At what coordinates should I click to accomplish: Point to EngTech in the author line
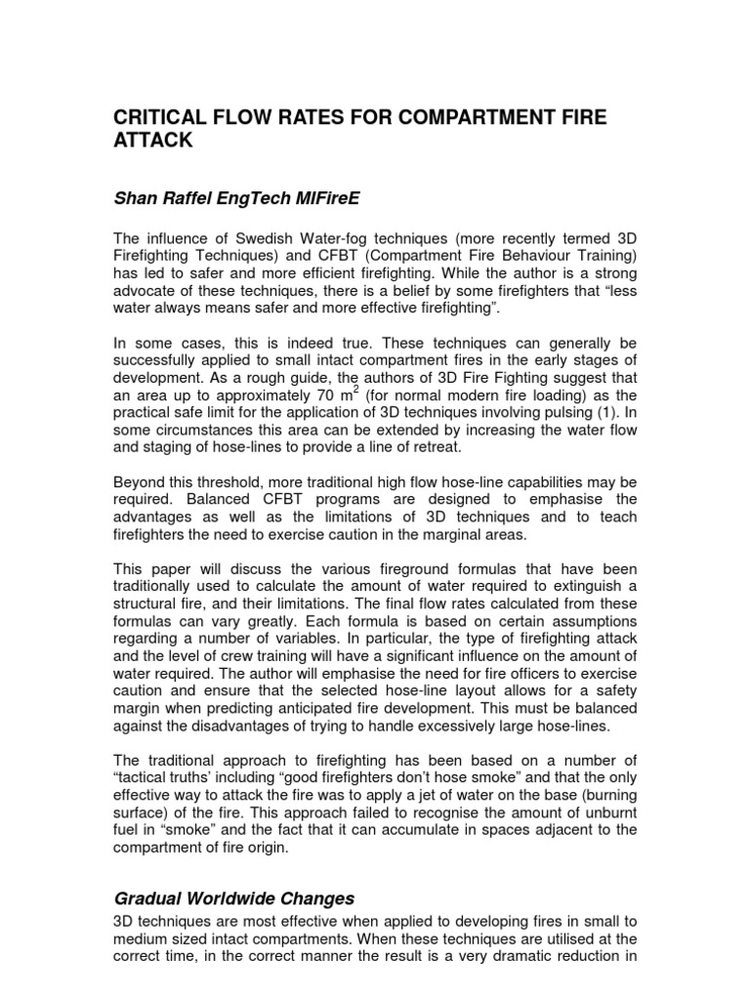(248, 200)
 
